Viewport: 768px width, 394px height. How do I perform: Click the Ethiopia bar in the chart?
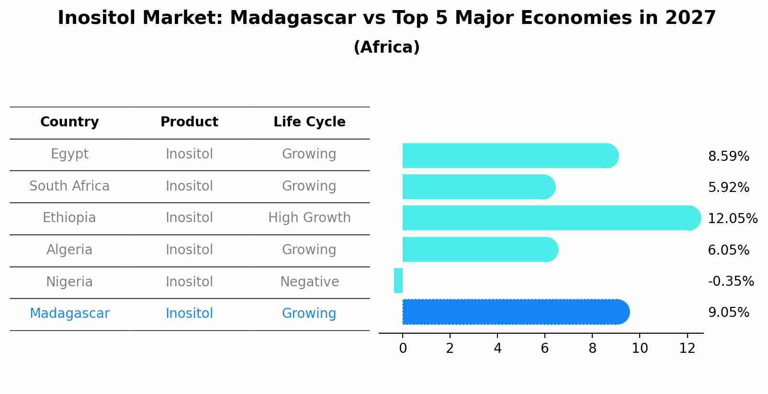551,218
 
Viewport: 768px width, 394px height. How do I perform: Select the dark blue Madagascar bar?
515,312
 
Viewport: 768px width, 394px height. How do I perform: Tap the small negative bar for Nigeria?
398,281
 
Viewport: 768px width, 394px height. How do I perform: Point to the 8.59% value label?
728,157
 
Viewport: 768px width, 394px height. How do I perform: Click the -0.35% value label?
731,281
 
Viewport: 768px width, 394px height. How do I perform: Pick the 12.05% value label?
732,219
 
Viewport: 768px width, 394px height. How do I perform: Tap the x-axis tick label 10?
640,349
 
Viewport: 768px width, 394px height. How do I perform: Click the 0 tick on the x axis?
403,349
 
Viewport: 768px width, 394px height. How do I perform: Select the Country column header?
69,122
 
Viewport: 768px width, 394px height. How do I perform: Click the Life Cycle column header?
309,122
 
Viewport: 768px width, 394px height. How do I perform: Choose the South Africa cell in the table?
69,186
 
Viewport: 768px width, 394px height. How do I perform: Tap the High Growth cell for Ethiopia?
309,218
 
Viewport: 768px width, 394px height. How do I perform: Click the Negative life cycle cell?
309,282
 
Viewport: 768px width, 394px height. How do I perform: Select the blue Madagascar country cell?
69,314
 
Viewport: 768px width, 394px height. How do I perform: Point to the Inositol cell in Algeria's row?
189,250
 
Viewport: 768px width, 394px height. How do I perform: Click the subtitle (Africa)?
386,47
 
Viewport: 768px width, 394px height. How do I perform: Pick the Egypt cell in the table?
69,154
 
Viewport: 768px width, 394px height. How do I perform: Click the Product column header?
189,122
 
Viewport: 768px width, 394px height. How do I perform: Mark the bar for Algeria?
479,249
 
